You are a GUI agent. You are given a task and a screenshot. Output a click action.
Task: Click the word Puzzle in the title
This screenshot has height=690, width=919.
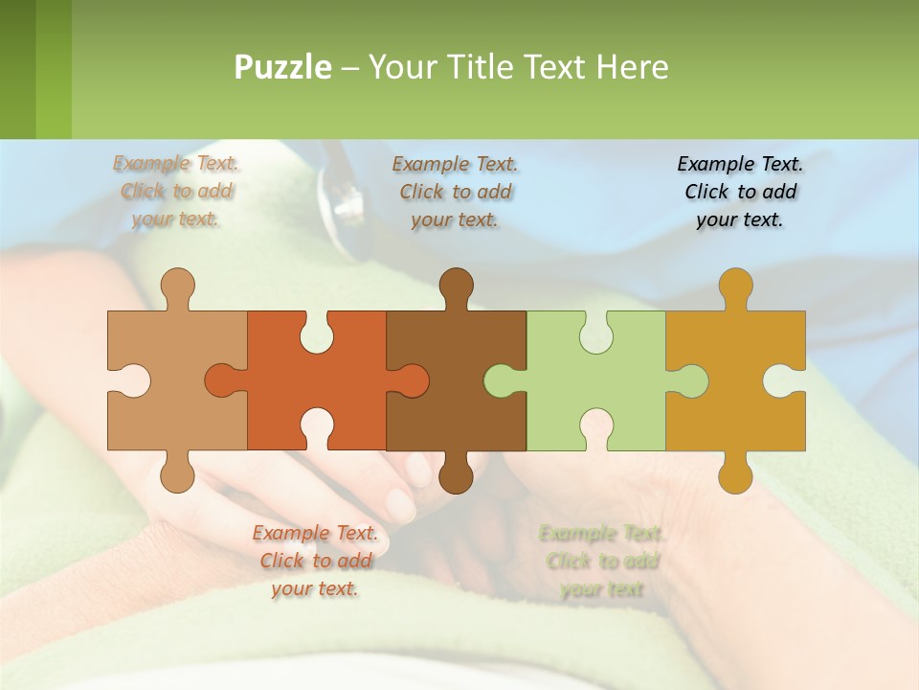[283, 67]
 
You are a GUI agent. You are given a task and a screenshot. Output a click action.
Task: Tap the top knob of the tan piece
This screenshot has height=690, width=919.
[177, 285]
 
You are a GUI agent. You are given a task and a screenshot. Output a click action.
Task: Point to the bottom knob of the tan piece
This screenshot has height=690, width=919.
[177, 472]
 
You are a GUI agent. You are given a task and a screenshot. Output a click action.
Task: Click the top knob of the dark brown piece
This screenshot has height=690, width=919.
[456, 285]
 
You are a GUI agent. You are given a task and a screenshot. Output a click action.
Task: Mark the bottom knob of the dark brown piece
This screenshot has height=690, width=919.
[456, 472]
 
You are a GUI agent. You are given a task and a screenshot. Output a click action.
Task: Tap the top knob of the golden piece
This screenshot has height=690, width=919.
[735, 285]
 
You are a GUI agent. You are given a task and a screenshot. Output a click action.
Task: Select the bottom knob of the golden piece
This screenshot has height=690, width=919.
[735, 472]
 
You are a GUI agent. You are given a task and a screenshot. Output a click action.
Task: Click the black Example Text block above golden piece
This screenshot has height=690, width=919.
[740, 192]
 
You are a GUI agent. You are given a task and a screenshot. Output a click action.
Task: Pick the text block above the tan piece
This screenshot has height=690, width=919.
[176, 192]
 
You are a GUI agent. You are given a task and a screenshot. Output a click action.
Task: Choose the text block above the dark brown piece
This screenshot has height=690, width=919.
[456, 192]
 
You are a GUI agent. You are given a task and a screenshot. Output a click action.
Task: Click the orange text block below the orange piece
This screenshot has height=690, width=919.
[315, 561]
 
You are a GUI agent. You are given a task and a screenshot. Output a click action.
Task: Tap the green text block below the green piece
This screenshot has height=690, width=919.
[601, 561]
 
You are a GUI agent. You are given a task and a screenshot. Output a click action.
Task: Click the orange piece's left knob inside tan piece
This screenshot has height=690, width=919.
[222, 380]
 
